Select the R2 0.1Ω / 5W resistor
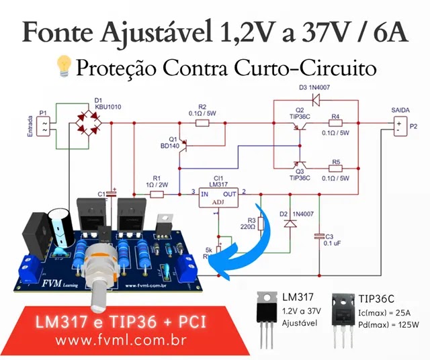[201, 123]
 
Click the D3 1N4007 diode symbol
[315, 100]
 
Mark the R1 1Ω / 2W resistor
[157, 194]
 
